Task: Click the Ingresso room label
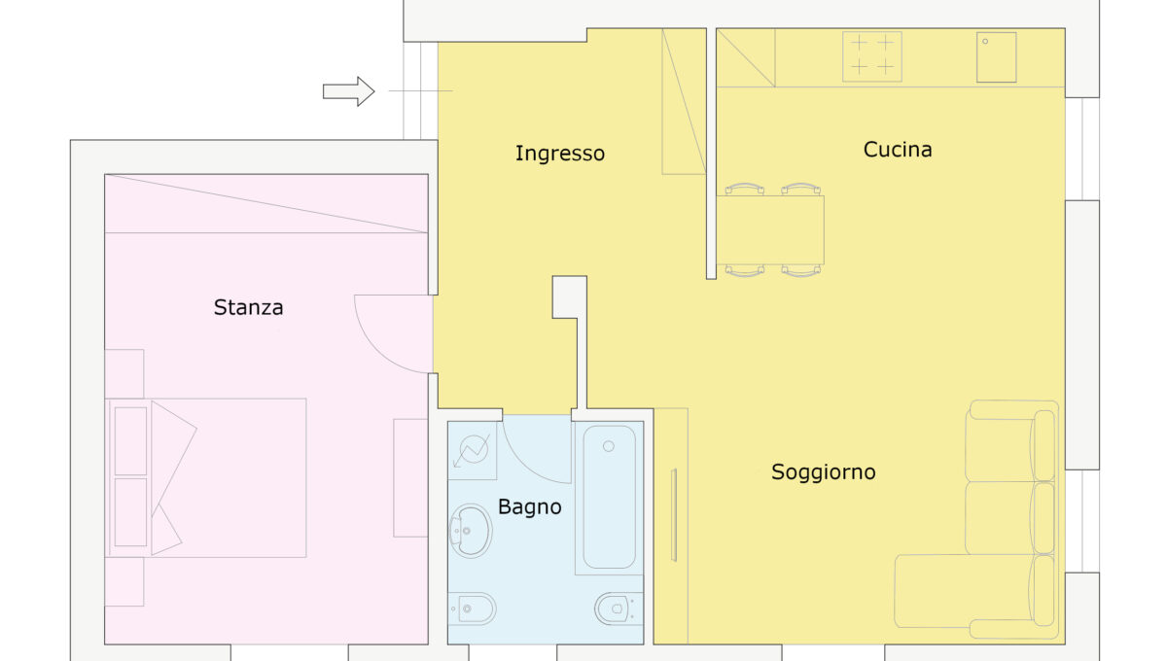[x=560, y=154]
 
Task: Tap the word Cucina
[x=898, y=150]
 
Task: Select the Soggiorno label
[x=823, y=472]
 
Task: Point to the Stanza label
[x=249, y=307]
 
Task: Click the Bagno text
[x=529, y=506]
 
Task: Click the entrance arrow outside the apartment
[x=348, y=91]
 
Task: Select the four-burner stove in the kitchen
[x=872, y=56]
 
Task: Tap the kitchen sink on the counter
[x=996, y=57]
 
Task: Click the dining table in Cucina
[x=770, y=230]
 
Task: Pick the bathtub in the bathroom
[x=609, y=498]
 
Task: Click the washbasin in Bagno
[x=471, y=531]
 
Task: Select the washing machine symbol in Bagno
[x=472, y=451]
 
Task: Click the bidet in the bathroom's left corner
[x=472, y=609]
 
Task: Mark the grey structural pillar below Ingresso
[x=570, y=296]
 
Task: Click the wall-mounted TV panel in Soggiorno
[x=674, y=515]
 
